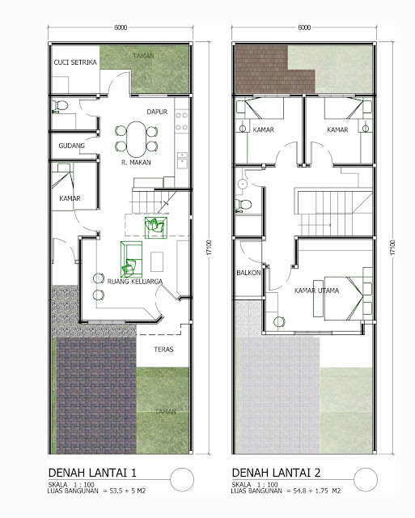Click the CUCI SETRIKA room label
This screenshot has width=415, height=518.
[75, 62]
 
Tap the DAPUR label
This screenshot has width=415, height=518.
[157, 112]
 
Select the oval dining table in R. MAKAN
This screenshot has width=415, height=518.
[136, 139]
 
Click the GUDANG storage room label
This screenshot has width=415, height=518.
[72, 146]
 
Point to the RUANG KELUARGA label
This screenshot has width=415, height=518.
[135, 282]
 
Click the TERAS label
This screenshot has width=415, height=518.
[163, 349]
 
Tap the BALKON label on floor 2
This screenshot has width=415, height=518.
[248, 273]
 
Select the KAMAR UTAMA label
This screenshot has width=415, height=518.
[316, 291]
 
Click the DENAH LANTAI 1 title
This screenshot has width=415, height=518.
[92, 473]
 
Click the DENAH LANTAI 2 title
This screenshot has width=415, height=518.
[276, 473]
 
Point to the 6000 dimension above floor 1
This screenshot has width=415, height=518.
[121, 28]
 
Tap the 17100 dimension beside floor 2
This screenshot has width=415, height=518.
[392, 247]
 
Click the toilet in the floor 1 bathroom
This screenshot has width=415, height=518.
[60, 106]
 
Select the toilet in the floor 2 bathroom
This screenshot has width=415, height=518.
[243, 205]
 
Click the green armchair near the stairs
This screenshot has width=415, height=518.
[155, 227]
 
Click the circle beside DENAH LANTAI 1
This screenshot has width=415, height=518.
[182, 480]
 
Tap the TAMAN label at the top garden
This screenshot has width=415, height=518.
[144, 56]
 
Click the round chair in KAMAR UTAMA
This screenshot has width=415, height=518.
[279, 322]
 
